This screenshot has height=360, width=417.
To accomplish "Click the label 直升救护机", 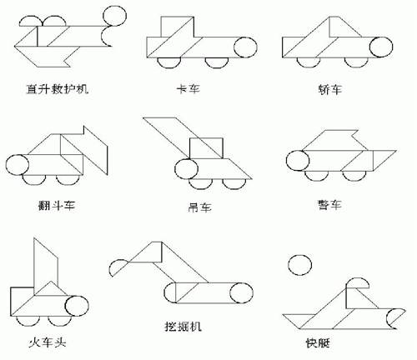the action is pyautogui.click(x=58, y=89).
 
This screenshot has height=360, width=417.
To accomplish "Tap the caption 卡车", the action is pyautogui.click(x=188, y=89).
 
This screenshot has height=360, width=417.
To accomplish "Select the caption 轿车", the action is pyautogui.click(x=329, y=89).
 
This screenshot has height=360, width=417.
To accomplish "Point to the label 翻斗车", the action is pyautogui.click(x=57, y=206).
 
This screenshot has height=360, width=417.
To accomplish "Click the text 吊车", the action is pyautogui.click(x=199, y=207).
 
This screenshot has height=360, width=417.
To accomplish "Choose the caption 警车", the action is pyautogui.click(x=329, y=205).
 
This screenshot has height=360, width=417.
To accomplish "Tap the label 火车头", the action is pyautogui.click(x=48, y=342).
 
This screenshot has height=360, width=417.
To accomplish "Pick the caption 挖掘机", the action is pyautogui.click(x=183, y=327).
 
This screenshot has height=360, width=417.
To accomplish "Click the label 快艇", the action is pyautogui.click(x=318, y=343).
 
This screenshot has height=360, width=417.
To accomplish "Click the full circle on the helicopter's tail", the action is pyautogui.click(x=114, y=16).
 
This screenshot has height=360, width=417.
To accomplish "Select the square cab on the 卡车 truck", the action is pyautogui.click(x=177, y=27).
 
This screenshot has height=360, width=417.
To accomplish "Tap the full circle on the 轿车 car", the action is pyautogui.click(x=381, y=47).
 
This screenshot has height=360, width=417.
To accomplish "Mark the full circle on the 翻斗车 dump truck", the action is pyautogui.click(x=18, y=165).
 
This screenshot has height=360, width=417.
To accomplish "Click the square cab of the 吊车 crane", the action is pyautogui.click(x=206, y=148).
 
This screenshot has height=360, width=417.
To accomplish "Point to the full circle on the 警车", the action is pyautogui.click(x=298, y=161).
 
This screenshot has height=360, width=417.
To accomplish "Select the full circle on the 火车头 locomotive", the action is pyautogui.click(x=77, y=306).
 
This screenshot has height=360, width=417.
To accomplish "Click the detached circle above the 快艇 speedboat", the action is pyautogui.click(x=300, y=265).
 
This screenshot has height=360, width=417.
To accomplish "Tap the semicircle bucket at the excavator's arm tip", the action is pyautogui.click(x=115, y=267).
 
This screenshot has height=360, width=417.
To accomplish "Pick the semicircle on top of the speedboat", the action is pyautogui.click(x=358, y=282).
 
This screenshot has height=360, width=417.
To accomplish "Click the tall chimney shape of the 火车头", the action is pyautogui.click(x=46, y=266).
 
